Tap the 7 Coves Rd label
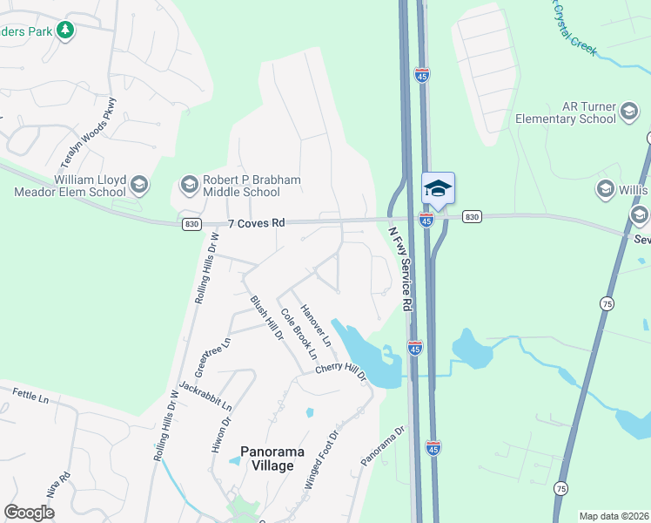tap(257, 224)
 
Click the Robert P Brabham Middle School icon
tap(189, 184)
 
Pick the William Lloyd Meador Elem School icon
tap(138, 184)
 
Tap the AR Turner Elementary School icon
tap(629, 112)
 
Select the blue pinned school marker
tap(438, 187)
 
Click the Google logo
tap(29, 513)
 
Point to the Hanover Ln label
tap(316, 324)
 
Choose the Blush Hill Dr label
tap(266, 316)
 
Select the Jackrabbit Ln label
tap(205, 395)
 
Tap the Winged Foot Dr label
tap(320, 458)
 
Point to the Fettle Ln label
tap(30, 396)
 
